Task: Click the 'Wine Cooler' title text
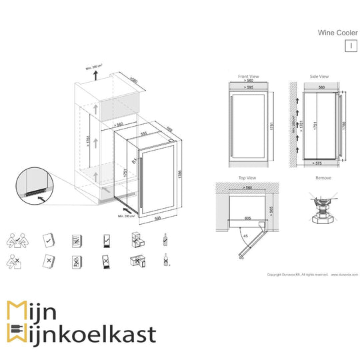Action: coord(336,31)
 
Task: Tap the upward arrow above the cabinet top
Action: coord(95,75)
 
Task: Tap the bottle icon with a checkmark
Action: coord(165,240)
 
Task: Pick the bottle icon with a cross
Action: coord(165,261)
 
